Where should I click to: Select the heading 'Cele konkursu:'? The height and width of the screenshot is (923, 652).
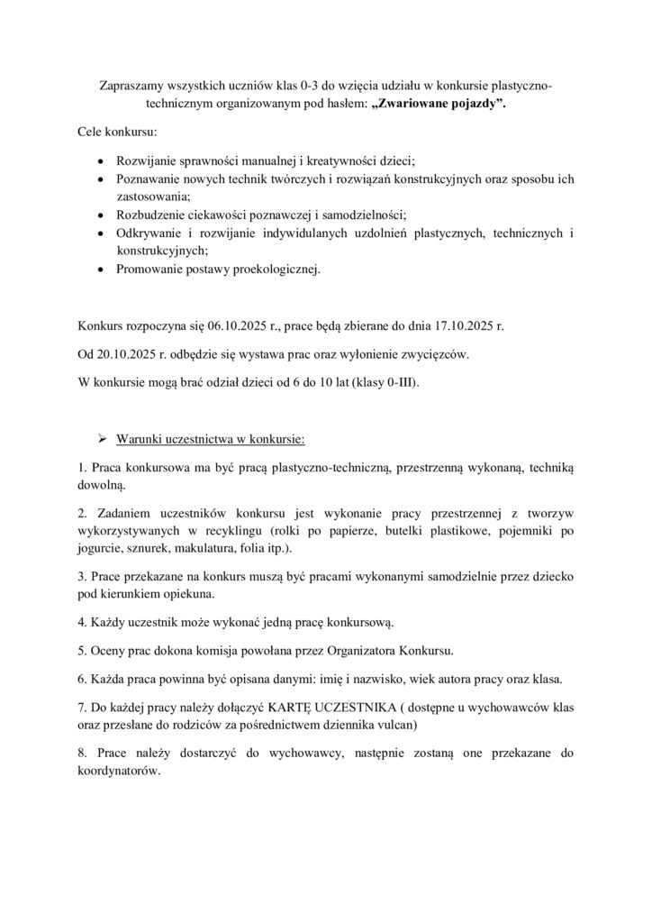[x=117, y=133]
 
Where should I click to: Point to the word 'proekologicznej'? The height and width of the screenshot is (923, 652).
[x=274, y=269]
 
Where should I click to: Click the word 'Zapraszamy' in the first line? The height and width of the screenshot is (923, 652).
[x=133, y=86]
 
